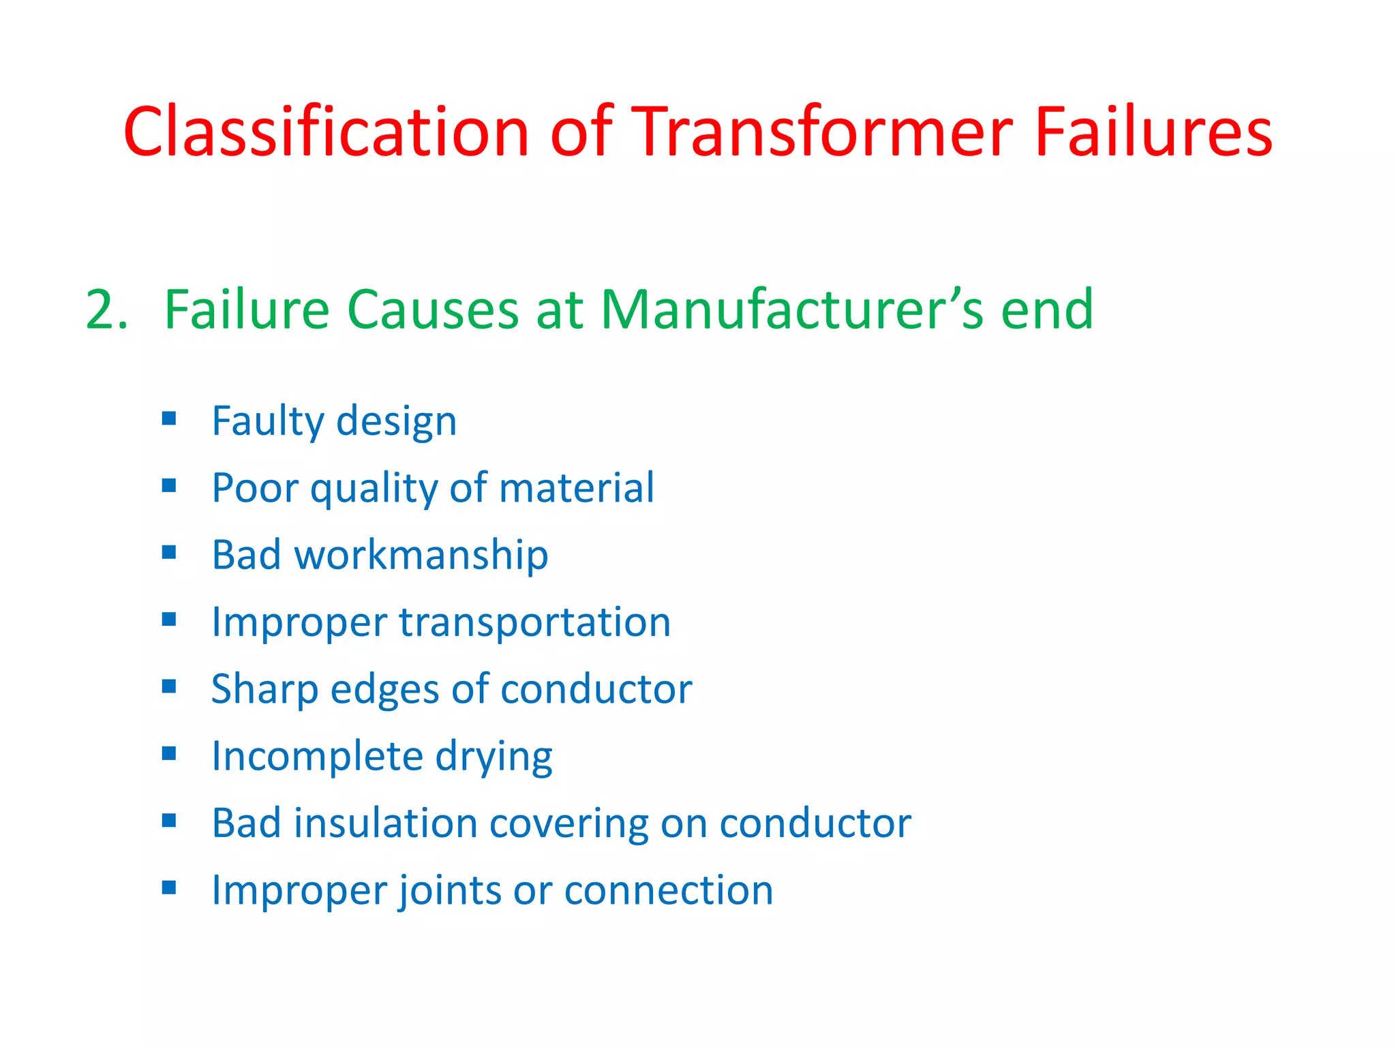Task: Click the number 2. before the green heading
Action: [x=106, y=310]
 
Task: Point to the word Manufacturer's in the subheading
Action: [x=791, y=310]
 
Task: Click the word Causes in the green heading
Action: [x=432, y=310]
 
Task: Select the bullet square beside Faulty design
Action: [x=169, y=418]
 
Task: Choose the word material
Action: [x=577, y=488]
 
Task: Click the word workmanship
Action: [x=421, y=555]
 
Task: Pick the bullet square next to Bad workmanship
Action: [x=169, y=552]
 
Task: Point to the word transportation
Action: [x=534, y=622]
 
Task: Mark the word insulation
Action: [x=385, y=823]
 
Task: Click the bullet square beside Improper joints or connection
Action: [x=169, y=887]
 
